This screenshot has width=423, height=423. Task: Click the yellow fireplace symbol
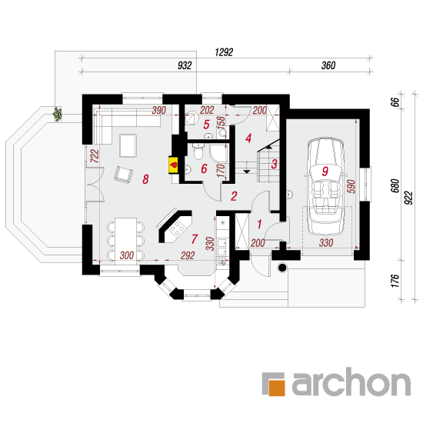(173, 165)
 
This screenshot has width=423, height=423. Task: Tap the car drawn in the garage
(325, 187)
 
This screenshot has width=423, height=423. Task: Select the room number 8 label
(145, 179)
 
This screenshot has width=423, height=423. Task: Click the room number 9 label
(325, 171)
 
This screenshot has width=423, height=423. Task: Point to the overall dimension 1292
(224, 52)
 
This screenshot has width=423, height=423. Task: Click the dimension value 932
(185, 65)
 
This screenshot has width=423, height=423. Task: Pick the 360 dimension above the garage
(328, 65)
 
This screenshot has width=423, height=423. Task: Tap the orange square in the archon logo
(277, 388)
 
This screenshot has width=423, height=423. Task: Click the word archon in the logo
(351, 382)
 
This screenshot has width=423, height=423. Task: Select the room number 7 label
(195, 239)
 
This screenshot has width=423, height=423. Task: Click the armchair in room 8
(123, 175)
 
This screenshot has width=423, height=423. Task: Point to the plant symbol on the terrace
(57, 114)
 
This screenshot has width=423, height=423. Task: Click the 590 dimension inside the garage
(351, 186)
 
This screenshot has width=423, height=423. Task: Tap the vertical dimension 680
(395, 185)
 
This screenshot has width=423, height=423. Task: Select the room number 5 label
(206, 125)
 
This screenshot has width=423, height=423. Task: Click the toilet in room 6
(198, 151)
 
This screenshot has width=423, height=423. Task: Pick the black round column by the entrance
(282, 268)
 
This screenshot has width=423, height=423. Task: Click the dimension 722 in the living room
(95, 156)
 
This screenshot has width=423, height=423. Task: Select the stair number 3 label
(274, 164)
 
